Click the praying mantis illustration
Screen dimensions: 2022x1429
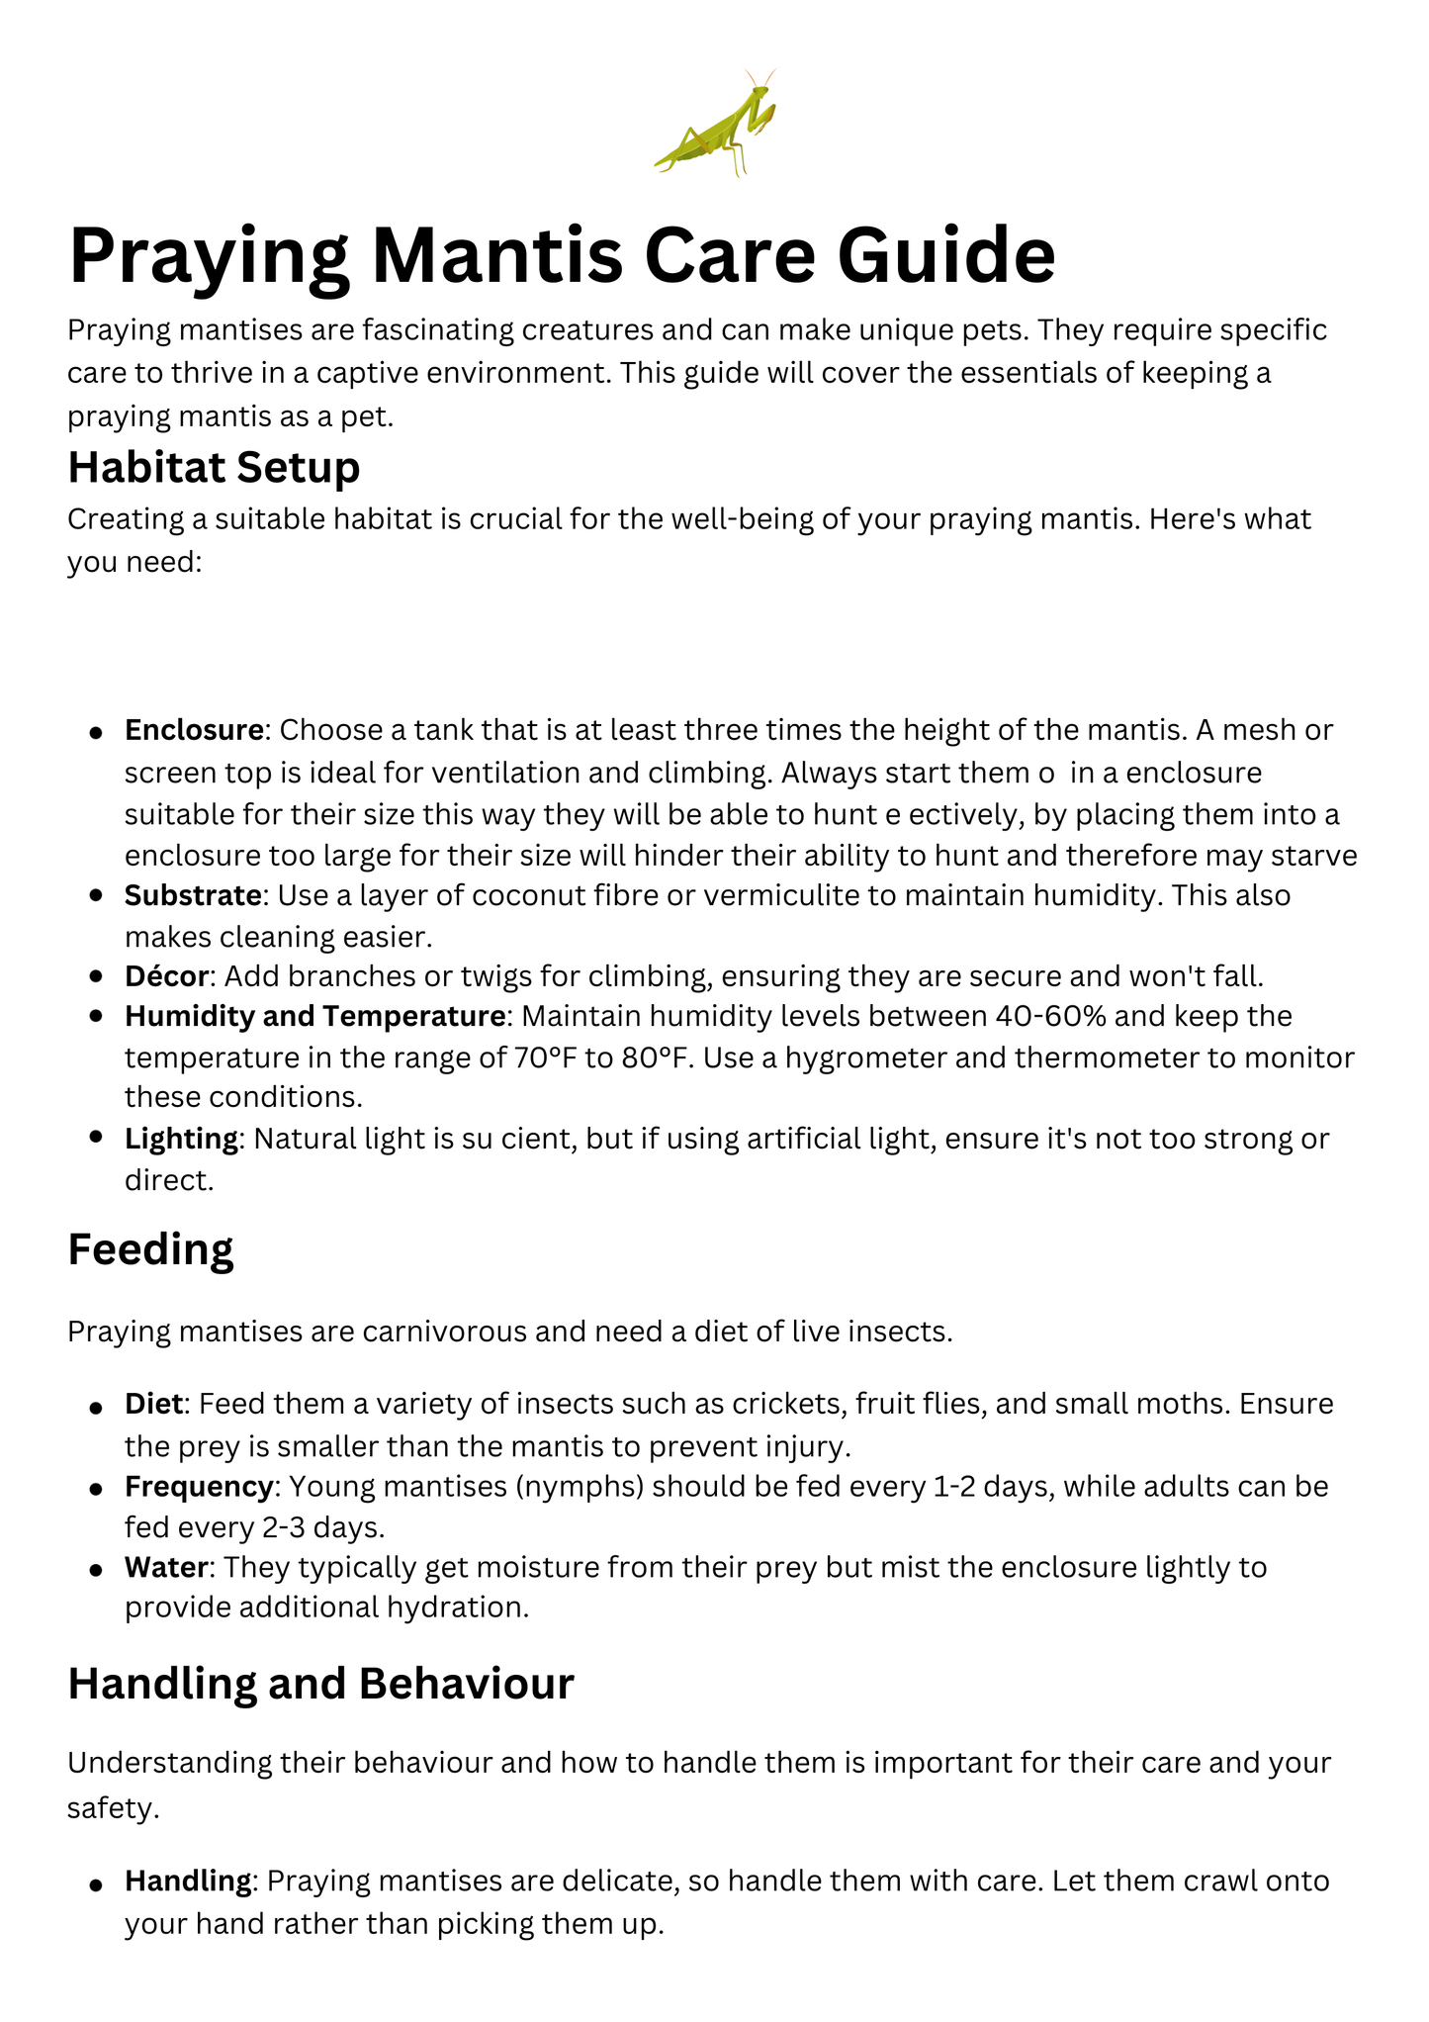(x=715, y=123)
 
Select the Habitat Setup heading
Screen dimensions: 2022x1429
(x=214, y=467)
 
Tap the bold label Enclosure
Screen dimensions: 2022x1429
(x=194, y=730)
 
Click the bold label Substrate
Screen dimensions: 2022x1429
(x=194, y=895)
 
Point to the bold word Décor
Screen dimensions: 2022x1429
(x=166, y=976)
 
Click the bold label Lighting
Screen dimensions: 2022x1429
(x=181, y=1139)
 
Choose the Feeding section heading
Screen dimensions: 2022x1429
(x=150, y=1249)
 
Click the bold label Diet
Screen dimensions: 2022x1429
(x=153, y=1404)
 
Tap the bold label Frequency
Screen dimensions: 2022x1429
(x=198, y=1486)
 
